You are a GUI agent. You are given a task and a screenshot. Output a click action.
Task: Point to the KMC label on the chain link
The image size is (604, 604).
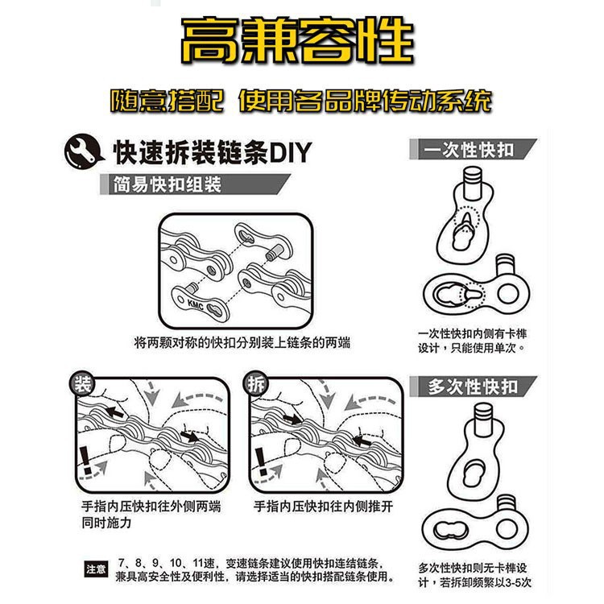[197, 304]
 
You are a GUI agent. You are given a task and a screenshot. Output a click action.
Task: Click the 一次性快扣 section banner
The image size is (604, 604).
[470, 150]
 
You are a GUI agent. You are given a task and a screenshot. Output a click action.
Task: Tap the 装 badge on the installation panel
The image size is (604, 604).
[82, 383]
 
